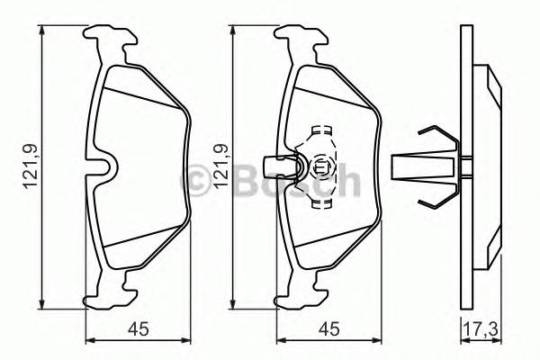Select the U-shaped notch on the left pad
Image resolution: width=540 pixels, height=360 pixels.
point(107,168)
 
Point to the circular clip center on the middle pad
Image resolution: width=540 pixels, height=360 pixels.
point(319,166)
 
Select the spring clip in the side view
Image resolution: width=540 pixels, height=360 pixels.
point(428,166)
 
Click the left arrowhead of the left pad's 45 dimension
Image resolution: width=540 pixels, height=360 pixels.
point(88,341)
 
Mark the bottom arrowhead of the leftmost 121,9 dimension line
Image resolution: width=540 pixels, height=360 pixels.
point(44,303)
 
